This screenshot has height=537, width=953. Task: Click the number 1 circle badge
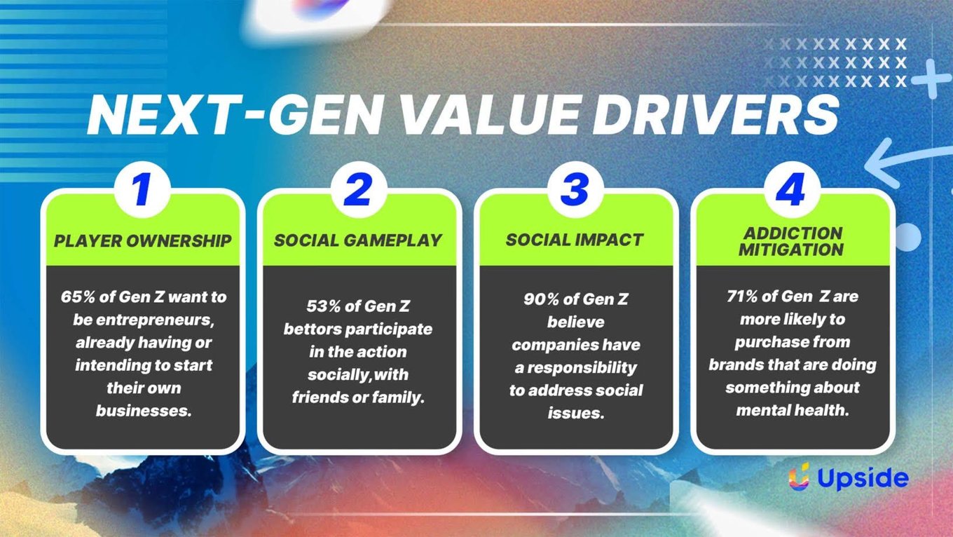(142, 189)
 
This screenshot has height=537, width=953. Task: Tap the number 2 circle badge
(359, 189)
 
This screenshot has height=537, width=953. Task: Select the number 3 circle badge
(575, 189)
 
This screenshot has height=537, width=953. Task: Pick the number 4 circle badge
(792, 189)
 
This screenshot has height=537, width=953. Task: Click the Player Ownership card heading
(142, 241)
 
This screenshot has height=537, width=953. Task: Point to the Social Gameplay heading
(358, 240)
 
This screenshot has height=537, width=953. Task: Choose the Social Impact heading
(575, 240)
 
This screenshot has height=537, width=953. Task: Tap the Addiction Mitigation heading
(791, 241)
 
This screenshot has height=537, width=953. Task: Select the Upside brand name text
(863, 478)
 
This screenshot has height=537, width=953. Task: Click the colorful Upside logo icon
(799, 477)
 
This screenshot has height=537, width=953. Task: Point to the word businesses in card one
(144, 411)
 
